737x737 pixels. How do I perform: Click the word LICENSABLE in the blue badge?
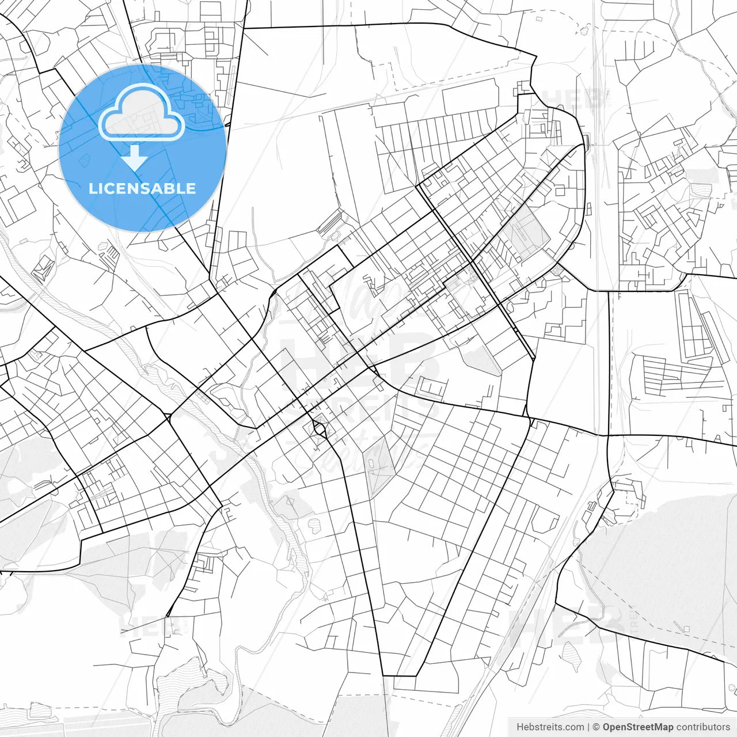[x=142, y=188]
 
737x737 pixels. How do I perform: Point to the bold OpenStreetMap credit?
[x=638, y=727]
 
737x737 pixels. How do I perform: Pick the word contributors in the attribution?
[x=703, y=727]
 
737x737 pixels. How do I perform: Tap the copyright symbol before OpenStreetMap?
[x=597, y=727]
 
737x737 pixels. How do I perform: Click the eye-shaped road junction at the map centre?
[x=318, y=428]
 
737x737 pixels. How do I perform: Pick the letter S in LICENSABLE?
[x=146, y=188]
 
